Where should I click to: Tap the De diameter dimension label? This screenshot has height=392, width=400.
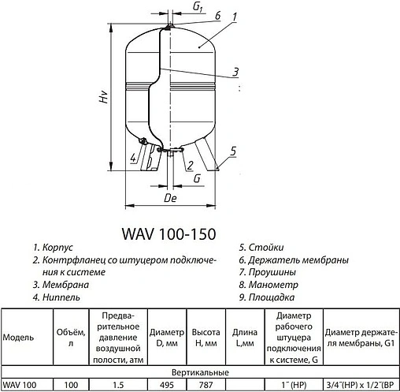tap(169, 199)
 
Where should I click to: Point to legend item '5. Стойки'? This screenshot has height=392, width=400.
tap(262, 247)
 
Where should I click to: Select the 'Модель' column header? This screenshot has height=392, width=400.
tap(19, 337)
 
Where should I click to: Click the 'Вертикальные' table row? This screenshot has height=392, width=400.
tap(201, 371)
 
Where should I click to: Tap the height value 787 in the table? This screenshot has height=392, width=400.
tap(205, 384)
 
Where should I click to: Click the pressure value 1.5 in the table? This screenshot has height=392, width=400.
tap(117, 384)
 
